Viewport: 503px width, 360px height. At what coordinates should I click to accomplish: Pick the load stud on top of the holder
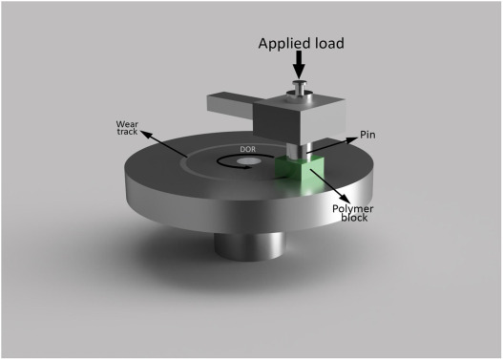[299, 90]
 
